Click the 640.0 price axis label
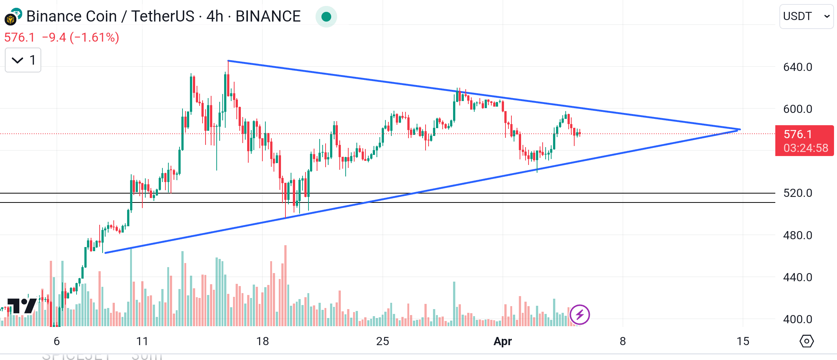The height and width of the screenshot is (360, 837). click(797, 67)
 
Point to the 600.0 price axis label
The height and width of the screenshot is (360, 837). click(797, 109)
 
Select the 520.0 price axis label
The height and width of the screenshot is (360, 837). click(797, 193)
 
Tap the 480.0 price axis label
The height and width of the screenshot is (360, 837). click(797, 236)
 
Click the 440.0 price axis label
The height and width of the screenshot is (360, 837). click(797, 278)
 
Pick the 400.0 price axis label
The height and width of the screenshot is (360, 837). click(797, 320)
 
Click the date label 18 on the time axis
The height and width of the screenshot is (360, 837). click(262, 341)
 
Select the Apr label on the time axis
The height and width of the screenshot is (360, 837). click(502, 341)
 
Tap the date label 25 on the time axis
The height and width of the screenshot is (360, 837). click(382, 341)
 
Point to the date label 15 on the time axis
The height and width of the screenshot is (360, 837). click(743, 341)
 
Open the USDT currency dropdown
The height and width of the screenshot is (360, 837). click(806, 16)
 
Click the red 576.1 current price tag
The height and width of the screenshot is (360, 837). click(804, 141)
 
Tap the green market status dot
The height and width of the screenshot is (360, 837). click(326, 17)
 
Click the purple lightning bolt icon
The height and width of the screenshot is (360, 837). click(579, 315)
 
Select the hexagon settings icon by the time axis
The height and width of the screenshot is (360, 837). click(807, 341)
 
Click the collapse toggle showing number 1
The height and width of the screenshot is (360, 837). click(23, 60)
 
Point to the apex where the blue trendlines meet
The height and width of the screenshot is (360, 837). click(739, 130)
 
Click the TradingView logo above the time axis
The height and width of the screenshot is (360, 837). click(22, 306)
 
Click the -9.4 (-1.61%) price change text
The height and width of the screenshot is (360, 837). click(80, 38)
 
